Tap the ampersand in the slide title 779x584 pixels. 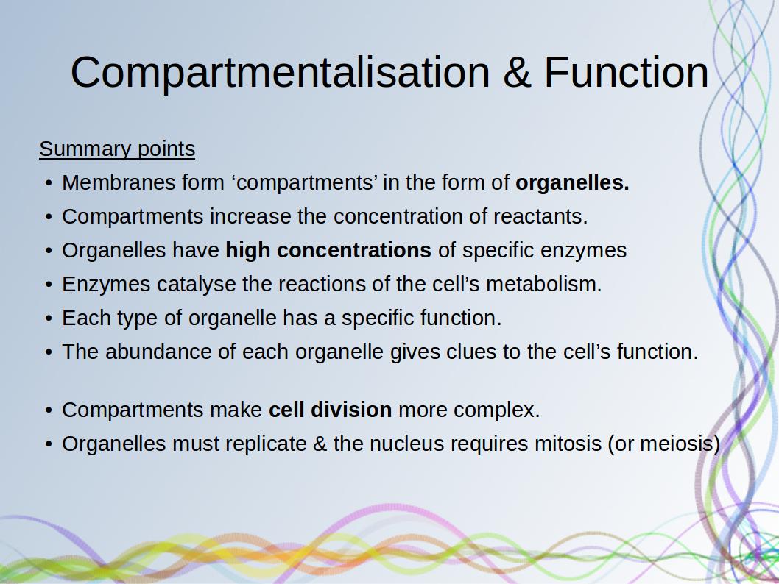517,72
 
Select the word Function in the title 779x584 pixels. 626,72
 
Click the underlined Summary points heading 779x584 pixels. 117,149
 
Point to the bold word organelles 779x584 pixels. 572,183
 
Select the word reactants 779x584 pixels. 540,217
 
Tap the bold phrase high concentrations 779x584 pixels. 328,251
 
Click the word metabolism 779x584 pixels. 543,285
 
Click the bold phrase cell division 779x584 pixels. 331,410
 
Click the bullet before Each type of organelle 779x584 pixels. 48,318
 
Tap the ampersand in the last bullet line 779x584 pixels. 320,444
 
